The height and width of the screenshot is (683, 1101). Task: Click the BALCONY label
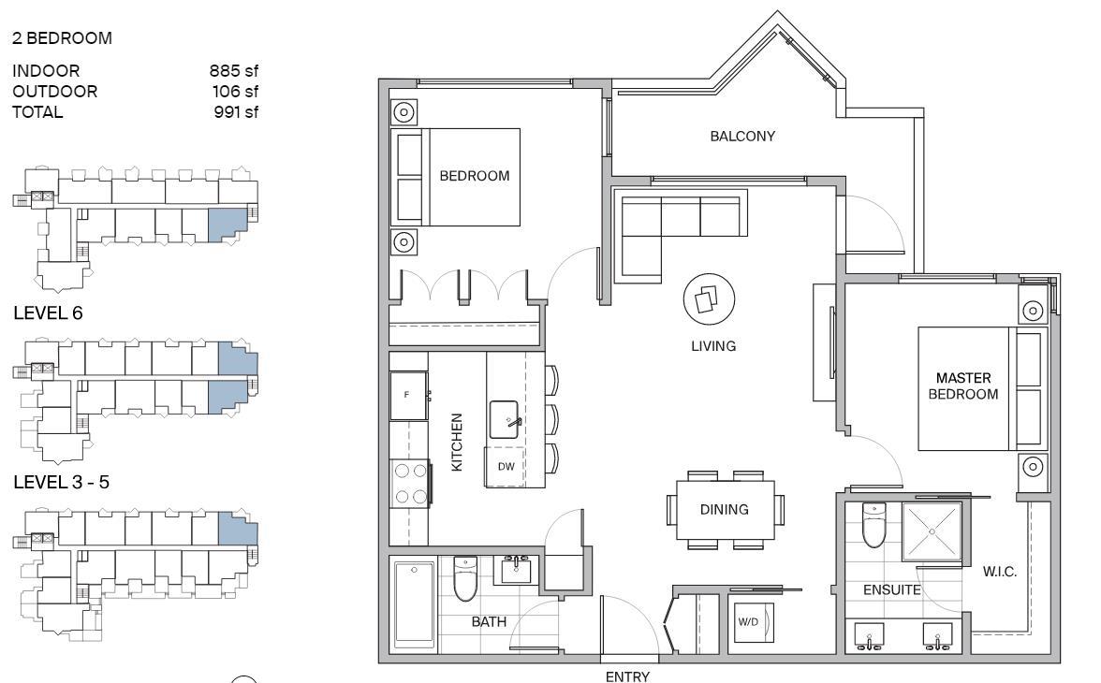point(742,137)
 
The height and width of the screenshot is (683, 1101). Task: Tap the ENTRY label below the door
point(627,676)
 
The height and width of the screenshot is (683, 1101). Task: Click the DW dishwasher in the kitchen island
point(506,466)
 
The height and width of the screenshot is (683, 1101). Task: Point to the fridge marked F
point(408,395)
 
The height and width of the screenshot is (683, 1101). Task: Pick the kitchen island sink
point(504,420)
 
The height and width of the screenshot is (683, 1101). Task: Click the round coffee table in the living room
point(710,299)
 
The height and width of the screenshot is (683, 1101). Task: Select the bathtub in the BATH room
point(414,603)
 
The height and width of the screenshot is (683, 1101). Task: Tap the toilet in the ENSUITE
point(873,525)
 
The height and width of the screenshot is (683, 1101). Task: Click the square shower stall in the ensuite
point(931,531)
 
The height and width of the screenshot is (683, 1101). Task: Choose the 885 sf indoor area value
point(234,71)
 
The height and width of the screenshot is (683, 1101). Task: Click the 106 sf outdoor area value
point(235,92)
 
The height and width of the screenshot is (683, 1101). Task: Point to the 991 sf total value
point(236,111)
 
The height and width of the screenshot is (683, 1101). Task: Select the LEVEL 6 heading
point(48,313)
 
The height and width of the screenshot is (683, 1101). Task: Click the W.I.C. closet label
point(999,572)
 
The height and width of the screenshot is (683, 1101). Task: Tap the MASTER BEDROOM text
point(963,386)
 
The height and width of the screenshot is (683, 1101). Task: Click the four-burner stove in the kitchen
point(410,483)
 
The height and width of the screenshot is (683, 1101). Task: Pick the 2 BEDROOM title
point(62,38)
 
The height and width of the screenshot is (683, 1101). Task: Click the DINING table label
point(724,510)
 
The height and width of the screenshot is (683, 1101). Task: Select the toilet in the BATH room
point(464,578)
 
